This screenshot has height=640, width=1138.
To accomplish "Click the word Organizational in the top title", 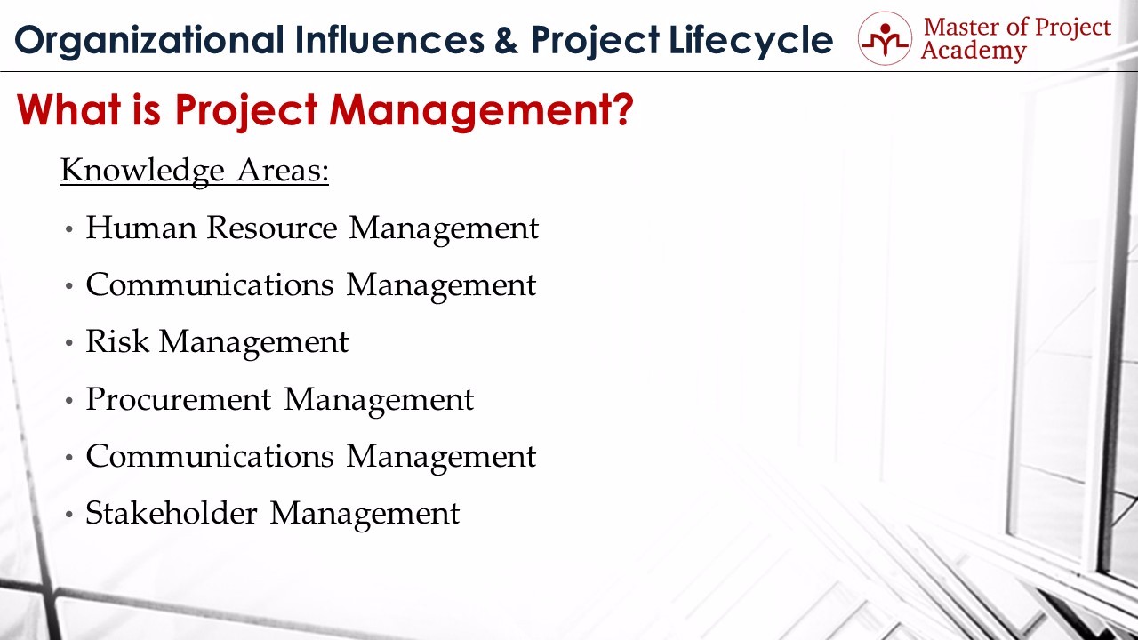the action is pos(149,41).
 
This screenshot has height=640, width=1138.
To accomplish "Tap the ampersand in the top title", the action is pos(506,40).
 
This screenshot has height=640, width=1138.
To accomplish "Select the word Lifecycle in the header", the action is pos(751,41).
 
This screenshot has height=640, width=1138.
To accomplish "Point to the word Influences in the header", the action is pos(389,40).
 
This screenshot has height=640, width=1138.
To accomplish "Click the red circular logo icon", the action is pos(885,38).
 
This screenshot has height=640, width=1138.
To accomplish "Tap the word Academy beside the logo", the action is pos(974,52).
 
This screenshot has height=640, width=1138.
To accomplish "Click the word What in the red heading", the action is pos(68,109).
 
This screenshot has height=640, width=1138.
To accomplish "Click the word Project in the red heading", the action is pos(246,112).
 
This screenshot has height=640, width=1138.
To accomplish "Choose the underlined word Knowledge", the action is pos(142,171).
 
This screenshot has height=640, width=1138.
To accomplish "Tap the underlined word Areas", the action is pos(283,171).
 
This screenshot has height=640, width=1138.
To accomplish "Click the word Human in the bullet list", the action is pos(140,228).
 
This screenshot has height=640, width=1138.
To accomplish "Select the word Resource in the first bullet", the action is pos(272,228).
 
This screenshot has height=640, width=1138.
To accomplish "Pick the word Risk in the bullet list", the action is pos(117,341).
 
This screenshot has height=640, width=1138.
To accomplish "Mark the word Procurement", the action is pos(179,399).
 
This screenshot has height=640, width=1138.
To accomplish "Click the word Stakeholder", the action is pos(172,513).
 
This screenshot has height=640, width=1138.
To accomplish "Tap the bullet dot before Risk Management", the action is pos(69,343).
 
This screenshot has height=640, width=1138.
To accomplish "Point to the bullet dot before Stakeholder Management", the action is pos(69,515).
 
